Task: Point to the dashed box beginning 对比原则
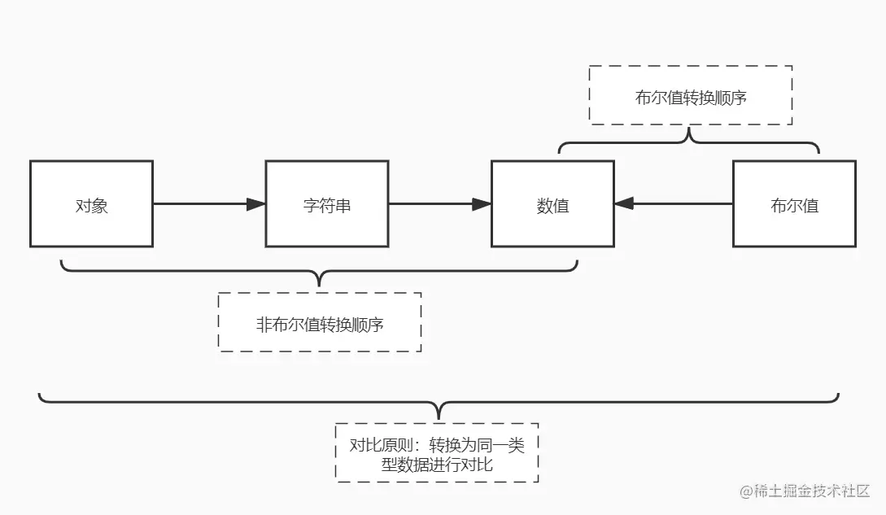[437, 452]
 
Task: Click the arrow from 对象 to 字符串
[203, 204]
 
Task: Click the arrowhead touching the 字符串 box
[256, 204]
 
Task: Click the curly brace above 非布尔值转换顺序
[319, 273]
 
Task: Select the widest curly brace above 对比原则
[439, 404]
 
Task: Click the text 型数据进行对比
[437, 465]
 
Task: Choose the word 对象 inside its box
[91, 206]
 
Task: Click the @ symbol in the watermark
[745, 491]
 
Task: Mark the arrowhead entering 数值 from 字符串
[482, 204]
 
